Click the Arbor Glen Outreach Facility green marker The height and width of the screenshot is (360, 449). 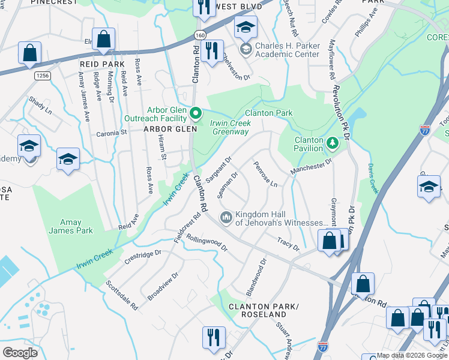tap(195, 113)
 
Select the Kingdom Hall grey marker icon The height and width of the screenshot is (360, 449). tap(226, 217)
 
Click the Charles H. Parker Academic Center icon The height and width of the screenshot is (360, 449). tap(245, 49)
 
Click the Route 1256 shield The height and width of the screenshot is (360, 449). tap(42, 76)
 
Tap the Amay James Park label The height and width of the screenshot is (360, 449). tap(71, 226)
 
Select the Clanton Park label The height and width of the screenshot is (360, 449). tap(268, 113)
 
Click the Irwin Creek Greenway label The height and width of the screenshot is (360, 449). tap(229, 128)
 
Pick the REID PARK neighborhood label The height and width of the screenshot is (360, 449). tap(101, 64)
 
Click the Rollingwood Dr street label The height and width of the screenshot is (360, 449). tap(207, 242)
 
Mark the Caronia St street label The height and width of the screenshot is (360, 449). tap(112, 133)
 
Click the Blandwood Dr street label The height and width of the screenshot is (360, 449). tap(255, 277)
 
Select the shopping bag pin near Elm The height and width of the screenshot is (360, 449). tap(104, 40)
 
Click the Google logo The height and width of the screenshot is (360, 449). tap(20, 352)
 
